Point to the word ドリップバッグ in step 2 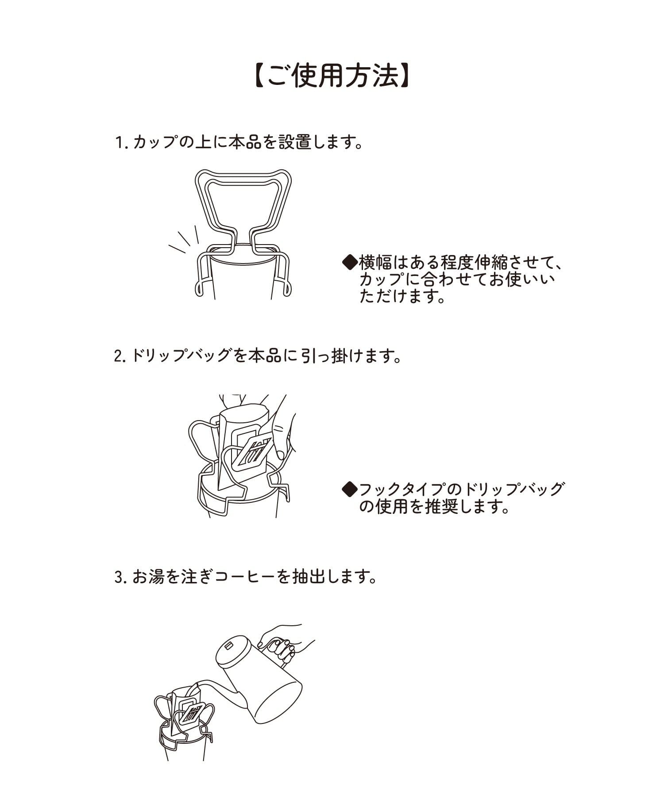pyautogui.click(x=181, y=356)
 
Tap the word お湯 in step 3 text pyautogui.click(x=148, y=577)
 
